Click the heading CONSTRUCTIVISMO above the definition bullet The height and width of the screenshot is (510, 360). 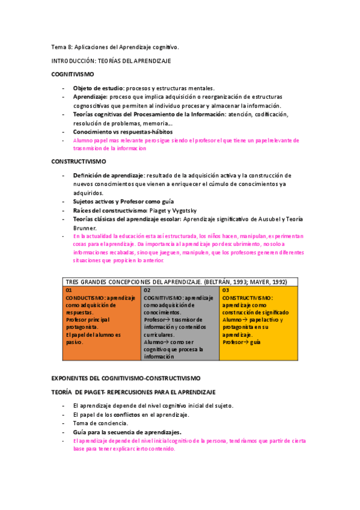click(x=78, y=162)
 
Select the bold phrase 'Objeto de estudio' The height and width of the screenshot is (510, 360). click(x=99, y=88)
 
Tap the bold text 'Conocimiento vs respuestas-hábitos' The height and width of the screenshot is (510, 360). click(x=123, y=131)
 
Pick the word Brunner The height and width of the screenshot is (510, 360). click(x=85, y=228)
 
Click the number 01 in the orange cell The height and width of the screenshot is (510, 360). click(x=69, y=290)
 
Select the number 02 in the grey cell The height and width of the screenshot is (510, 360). click(x=147, y=290)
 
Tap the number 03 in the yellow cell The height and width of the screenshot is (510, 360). click(x=225, y=290)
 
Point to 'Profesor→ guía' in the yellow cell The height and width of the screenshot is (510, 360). click(x=242, y=342)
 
